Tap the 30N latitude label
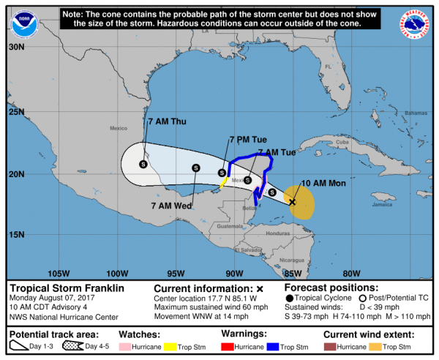[x=17, y=45]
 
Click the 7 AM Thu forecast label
[x=167, y=121]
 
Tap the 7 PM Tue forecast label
[x=247, y=139]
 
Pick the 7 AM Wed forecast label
[x=172, y=206]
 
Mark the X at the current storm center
[x=293, y=201]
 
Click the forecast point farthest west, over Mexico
[x=143, y=165]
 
